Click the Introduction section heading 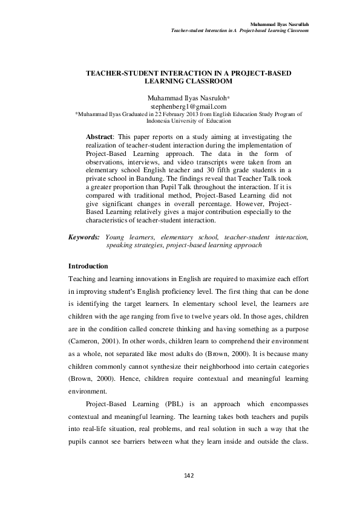(x=88, y=266)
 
